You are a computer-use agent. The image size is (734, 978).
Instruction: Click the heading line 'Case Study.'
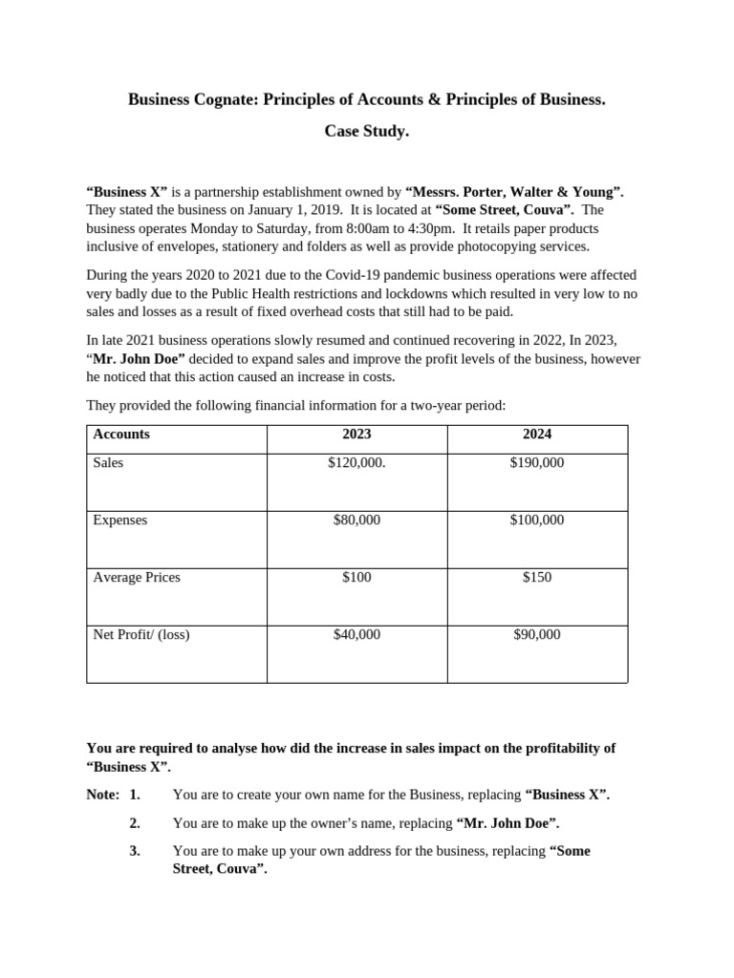click(366, 132)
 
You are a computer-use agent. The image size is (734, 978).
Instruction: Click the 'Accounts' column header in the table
click(121, 435)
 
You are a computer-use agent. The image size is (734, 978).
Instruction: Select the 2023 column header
click(356, 435)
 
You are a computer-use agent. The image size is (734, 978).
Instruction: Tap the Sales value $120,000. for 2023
click(356, 463)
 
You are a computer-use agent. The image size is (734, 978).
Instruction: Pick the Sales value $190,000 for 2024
click(537, 463)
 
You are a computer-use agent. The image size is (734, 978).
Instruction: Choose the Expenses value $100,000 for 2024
click(537, 521)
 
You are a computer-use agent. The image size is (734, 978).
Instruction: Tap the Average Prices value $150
click(537, 578)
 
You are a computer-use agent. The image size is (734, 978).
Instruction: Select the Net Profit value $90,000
click(537, 635)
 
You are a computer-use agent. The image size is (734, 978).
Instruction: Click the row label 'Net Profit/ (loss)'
click(141, 635)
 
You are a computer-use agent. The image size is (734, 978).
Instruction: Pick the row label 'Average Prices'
click(137, 578)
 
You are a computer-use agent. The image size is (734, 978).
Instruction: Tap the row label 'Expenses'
click(120, 521)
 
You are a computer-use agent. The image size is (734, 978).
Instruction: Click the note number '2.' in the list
click(135, 822)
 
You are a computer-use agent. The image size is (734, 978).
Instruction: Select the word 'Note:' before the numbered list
click(103, 795)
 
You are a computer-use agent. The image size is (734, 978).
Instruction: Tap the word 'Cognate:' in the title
click(221, 99)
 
